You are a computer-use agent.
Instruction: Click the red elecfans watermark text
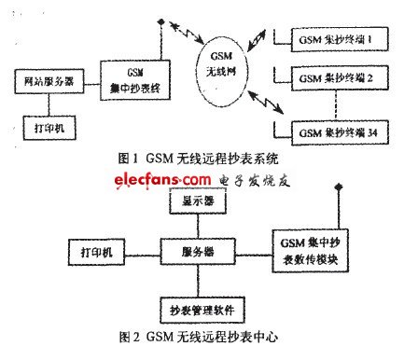tap(163, 178)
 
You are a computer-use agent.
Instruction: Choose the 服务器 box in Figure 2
tap(198, 252)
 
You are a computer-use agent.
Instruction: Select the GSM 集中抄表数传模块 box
tap(310, 252)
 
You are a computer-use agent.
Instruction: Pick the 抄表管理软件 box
tap(198, 306)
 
